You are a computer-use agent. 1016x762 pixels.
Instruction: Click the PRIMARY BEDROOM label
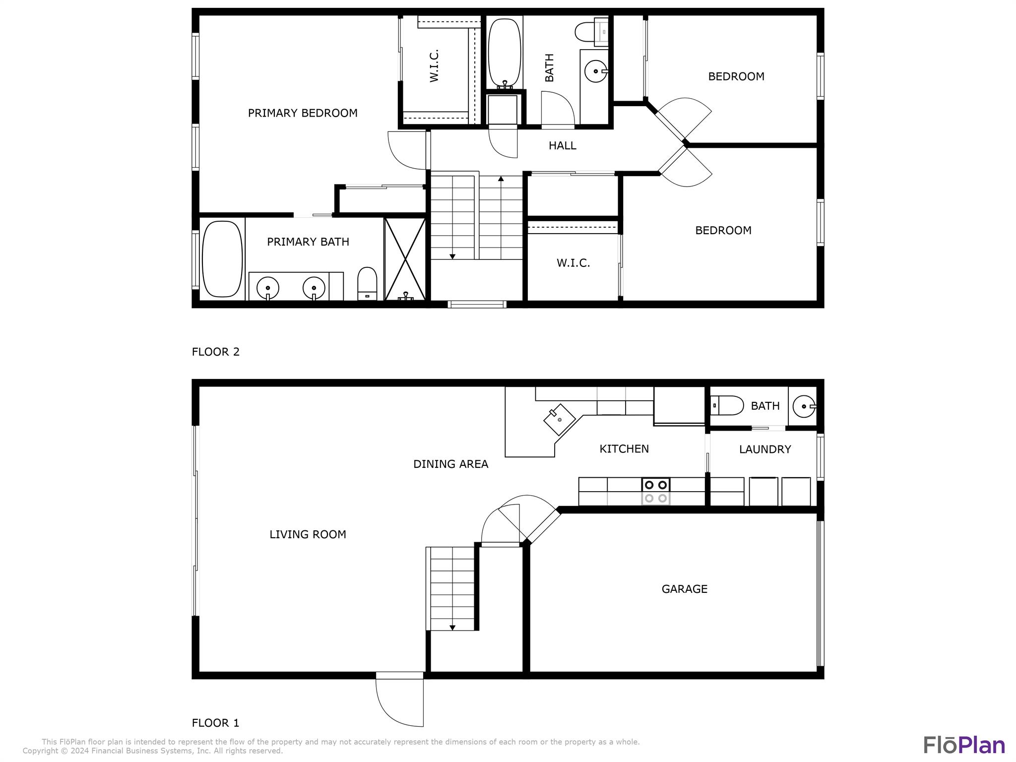(303, 113)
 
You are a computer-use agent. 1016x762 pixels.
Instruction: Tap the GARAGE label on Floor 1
(684, 589)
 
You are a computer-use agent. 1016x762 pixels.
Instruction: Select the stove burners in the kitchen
(655, 491)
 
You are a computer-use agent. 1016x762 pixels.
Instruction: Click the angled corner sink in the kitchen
(560, 419)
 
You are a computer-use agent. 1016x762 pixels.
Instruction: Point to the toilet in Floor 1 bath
(727, 405)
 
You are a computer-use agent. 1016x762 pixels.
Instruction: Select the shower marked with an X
(405, 258)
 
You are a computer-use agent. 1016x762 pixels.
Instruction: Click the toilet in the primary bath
(367, 283)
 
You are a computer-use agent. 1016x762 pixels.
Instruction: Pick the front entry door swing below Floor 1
(399, 699)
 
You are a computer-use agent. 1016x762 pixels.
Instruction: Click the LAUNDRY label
(764, 449)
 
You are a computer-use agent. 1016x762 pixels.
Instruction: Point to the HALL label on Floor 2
(562, 146)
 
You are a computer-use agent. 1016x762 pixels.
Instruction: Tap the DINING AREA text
(450, 464)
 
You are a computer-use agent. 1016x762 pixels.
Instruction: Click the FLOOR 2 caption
(215, 352)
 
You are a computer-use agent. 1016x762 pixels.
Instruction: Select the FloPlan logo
(963, 746)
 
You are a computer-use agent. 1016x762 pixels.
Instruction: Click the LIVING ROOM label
(308, 534)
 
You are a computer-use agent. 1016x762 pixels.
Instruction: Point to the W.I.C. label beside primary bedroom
(434, 65)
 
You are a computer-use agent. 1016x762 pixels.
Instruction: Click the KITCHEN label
(624, 449)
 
